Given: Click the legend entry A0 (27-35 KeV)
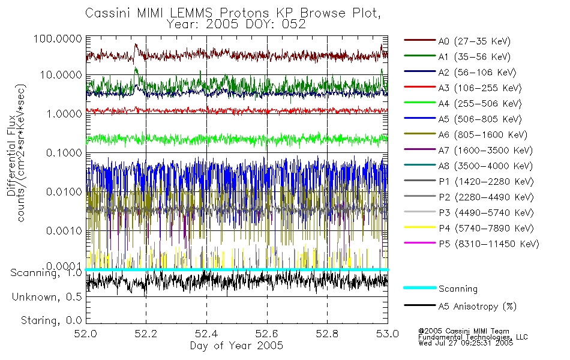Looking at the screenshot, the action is [x=457, y=41].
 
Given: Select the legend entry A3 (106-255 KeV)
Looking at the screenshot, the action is [x=463, y=88].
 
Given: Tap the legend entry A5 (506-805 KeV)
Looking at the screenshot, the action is [x=463, y=119].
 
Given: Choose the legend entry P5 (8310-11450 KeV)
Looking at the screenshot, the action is [x=472, y=244].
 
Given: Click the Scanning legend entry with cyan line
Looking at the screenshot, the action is [x=440, y=289].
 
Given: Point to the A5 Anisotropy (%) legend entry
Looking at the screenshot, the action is [x=460, y=307].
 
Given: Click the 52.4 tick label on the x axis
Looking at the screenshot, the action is [x=206, y=334].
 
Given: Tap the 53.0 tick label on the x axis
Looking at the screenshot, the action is [x=388, y=334].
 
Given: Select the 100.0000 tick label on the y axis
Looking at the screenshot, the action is [x=58, y=38].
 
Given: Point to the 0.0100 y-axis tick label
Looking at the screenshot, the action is [x=64, y=191].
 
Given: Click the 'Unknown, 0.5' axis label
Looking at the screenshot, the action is [x=47, y=297].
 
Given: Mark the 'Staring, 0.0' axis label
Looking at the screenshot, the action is [x=52, y=320].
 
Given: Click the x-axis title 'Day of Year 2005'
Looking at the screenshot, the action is [x=236, y=346].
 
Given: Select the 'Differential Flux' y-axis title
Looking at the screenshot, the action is [x=11, y=155].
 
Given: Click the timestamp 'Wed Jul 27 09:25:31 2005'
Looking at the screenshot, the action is [x=466, y=343].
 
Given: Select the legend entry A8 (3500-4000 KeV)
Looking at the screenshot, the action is [x=468, y=166].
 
